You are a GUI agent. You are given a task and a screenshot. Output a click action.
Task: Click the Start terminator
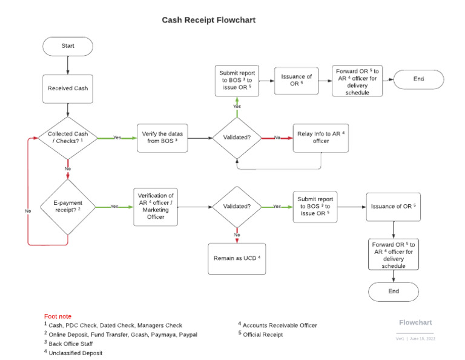pos(67,46)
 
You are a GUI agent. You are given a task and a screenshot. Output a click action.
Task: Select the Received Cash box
pos(67,88)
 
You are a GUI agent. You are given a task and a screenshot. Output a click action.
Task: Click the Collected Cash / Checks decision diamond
pos(67,138)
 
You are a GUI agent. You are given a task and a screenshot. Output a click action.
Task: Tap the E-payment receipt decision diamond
pos(67,207)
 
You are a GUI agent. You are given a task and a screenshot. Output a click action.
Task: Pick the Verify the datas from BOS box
pos(163,138)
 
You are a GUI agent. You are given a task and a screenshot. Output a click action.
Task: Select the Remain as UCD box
pos(237,258)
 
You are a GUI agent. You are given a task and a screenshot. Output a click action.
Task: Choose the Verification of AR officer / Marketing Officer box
pos(156,207)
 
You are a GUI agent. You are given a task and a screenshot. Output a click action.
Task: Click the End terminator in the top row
pos(419,79)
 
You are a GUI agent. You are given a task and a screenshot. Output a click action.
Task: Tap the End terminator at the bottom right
pos(394,291)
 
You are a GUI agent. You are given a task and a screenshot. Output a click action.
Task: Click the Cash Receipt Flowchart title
pos(208,20)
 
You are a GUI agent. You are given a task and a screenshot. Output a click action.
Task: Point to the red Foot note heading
pos(58,316)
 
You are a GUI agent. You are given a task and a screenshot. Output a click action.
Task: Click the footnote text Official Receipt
pos(262,334)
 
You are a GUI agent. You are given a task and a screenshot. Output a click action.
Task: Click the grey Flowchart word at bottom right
pos(415,322)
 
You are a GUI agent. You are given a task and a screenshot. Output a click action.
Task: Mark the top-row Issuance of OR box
pos(296,80)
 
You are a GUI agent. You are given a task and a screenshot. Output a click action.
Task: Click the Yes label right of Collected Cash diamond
pos(117,138)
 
